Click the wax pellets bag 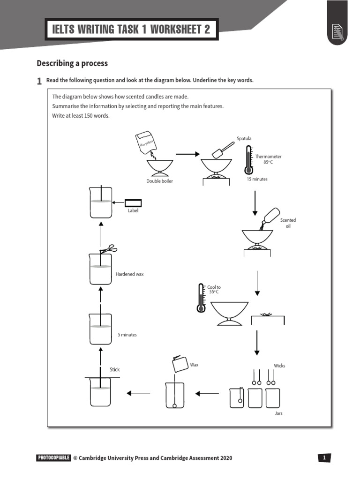(145, 142)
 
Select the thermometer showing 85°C (247, 160)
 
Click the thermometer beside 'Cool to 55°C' (202, 298)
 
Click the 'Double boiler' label (159, 181)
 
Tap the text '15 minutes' (257, 179)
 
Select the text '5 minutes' (127, 335)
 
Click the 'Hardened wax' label (129, 274)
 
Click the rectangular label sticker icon (133, 203)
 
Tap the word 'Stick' (115, 370)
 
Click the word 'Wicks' (279, 366)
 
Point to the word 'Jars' (278, 413)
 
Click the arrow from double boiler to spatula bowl (187, 153)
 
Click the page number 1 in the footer (324, 458)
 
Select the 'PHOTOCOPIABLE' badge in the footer (53, 458)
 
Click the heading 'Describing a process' (72, 63)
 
